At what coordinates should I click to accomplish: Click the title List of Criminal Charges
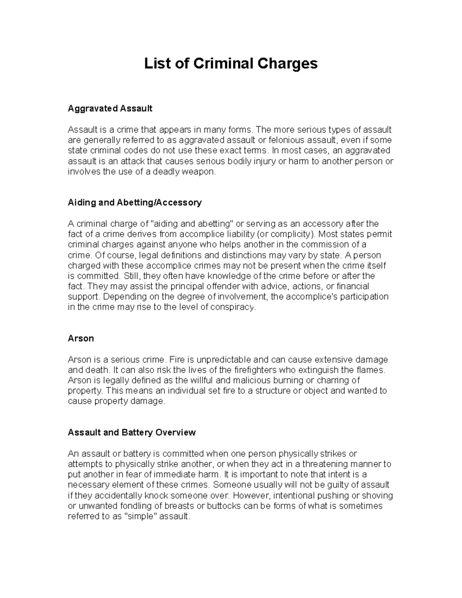231,64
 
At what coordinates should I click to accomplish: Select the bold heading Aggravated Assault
110,109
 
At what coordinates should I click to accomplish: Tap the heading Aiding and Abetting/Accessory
134,203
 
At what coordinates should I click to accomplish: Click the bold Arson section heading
80,338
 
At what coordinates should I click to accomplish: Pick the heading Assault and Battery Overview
132,432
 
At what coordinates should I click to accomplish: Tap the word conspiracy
234,307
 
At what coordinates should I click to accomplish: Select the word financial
352,286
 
